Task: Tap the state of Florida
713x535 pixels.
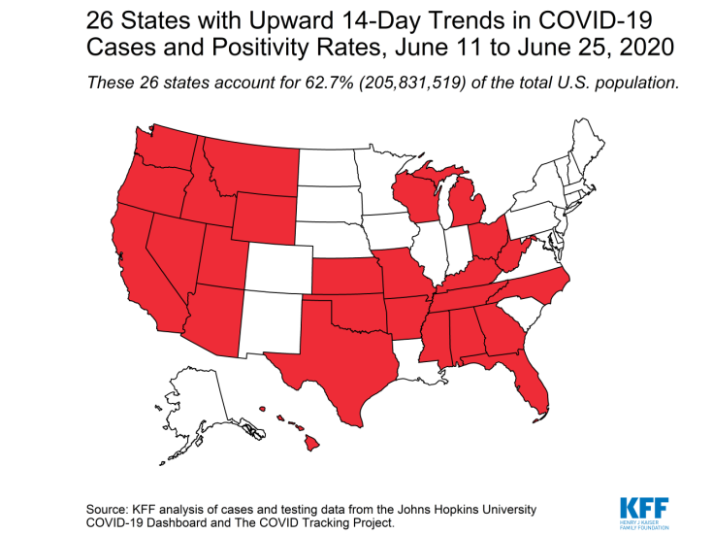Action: [x=531, y=384]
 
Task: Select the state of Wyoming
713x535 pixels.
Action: [x=263, y=215]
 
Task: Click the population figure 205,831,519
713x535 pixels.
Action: [x=424, y=83]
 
